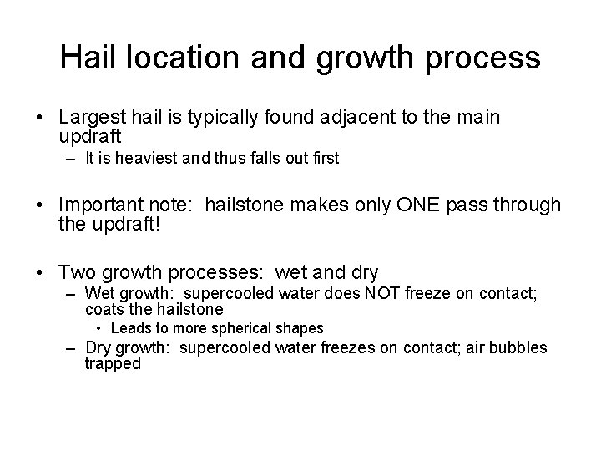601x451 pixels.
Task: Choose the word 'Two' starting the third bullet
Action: tap(75, 272)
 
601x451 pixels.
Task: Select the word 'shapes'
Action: tap(302, 328)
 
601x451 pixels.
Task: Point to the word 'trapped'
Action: tap(113, 363)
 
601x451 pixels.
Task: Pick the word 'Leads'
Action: tap(129, 328)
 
